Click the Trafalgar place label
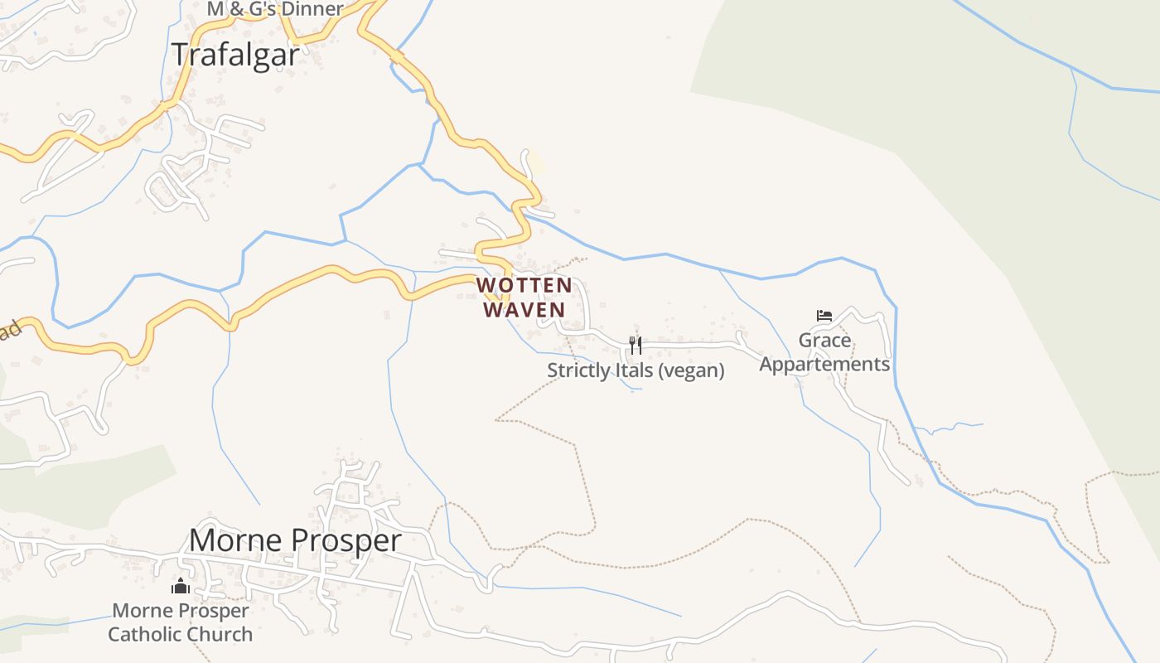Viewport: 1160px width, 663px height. pyautogui.click(x=235, y=55)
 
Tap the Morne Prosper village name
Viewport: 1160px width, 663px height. pyautogui.click(x=295, y=540)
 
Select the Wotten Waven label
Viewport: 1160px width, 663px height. pyautogui.click(x=524, y=298)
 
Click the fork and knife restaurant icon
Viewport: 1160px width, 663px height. pyautogui.click(x=636, y=345)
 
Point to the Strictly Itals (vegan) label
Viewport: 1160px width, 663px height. pyautogui.click(x=636, y=370)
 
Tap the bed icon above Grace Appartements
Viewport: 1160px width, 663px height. pyautogui.click(x=824, y=316)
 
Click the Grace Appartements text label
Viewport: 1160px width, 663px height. pyautogui.click(x=824, y=352)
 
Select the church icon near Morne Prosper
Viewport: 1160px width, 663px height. pyautogui.click(x=181, y=587)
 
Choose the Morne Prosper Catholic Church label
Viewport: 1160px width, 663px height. pyautogui.click(x=181, y=622)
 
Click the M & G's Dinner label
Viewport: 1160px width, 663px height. pyautogui.click(x=275, y=10)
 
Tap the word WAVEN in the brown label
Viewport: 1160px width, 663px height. pyautogui.click(x=524, y=310)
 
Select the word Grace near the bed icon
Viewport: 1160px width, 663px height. pyautogui.click(x=824, y=341)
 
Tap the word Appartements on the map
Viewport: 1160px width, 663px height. pyautogui.click(x=824, y=365)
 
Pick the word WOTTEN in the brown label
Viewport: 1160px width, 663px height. pyautogui.click(x=524, y=286)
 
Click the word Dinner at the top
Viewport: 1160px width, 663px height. pyautogui.click(x=310, y=10)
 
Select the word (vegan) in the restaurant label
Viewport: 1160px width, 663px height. pyautogui.click(x=691, y=370)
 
